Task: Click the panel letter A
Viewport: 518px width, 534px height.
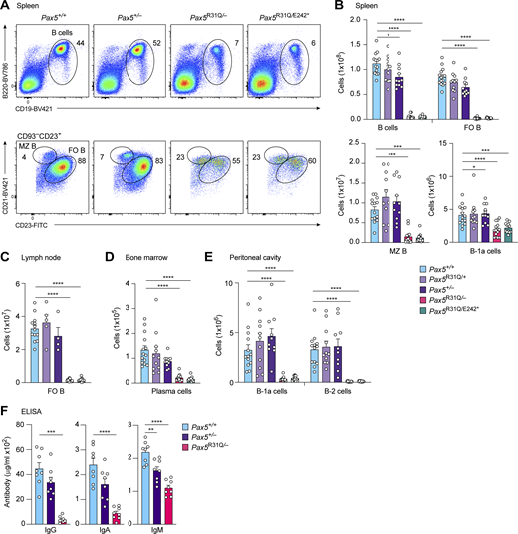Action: click(6, 7)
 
